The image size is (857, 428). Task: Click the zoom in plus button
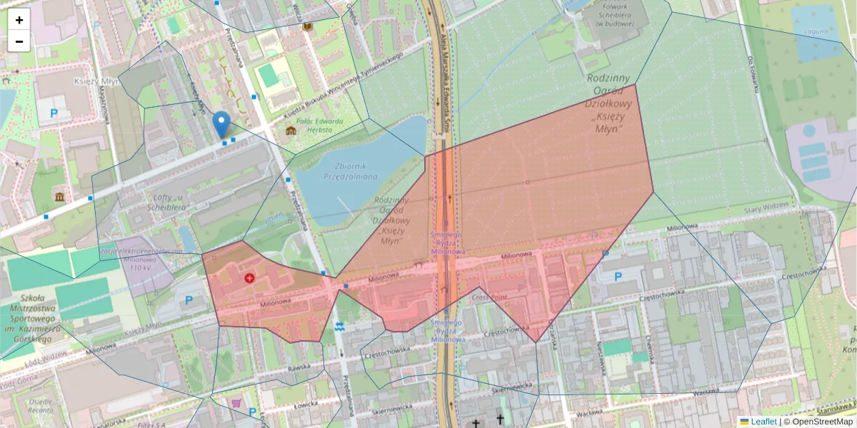pos(19,20)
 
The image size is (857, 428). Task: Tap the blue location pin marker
pos(222,124)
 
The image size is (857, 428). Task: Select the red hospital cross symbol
pos(249,277)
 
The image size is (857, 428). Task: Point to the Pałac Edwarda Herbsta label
pos(321,126)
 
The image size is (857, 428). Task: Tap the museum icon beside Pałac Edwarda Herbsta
pos(291,131)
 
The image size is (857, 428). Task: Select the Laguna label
pos(815,31)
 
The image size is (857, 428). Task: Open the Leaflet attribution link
pos(763,422)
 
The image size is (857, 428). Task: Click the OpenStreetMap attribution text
pos(822,422)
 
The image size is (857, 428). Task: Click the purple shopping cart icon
pos(235,403)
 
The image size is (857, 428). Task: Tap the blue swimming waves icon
pos(339,327)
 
